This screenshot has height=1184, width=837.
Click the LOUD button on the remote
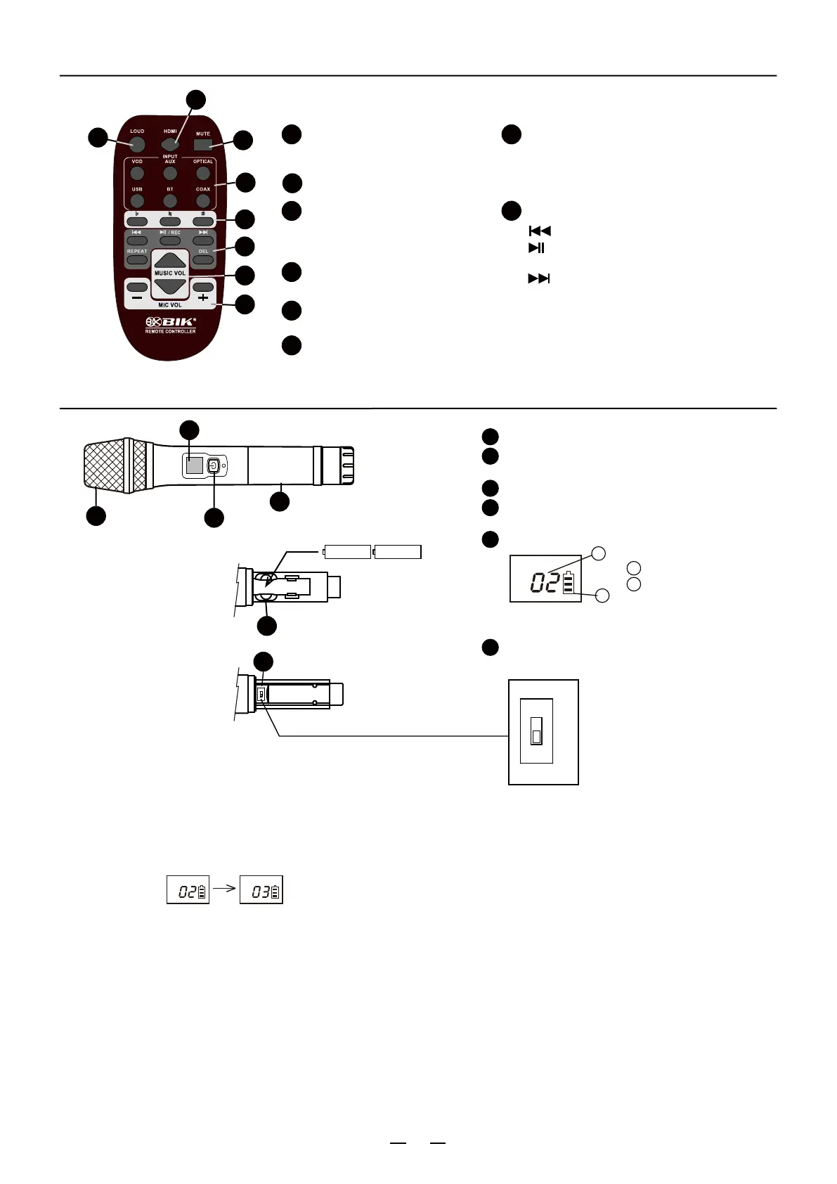point(136,145)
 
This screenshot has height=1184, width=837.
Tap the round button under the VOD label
point(137,173)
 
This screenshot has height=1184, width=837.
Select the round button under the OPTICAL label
point(203,173)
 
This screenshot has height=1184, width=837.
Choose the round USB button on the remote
point(137,201)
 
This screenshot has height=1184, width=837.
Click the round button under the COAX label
point(203,201)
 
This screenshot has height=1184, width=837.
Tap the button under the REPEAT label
point(137,260)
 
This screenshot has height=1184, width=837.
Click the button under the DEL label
point(203,260)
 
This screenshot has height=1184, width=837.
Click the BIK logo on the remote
point(171,322)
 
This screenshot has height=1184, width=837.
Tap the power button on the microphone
point(214,465)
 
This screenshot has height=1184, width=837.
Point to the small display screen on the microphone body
point(194,465)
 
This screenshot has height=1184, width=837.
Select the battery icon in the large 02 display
point(568,584)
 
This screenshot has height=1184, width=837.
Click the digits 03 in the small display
point(261,892)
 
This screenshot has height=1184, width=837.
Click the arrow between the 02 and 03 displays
point(224,888)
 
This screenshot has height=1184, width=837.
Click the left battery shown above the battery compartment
point(347,552)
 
